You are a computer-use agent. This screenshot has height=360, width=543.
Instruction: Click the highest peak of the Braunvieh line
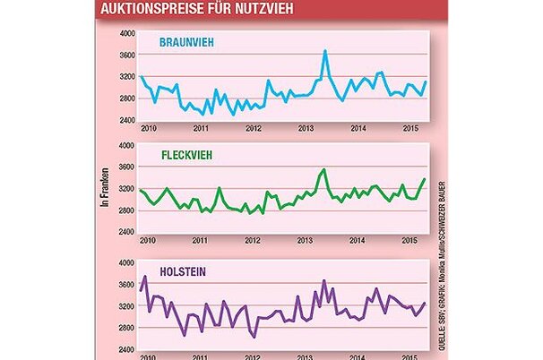[x=324, y=51]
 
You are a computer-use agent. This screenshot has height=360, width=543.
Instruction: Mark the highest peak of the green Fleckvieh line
[x=323, y=169]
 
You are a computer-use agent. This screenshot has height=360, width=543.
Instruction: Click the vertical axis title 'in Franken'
[x=105, y=190]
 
